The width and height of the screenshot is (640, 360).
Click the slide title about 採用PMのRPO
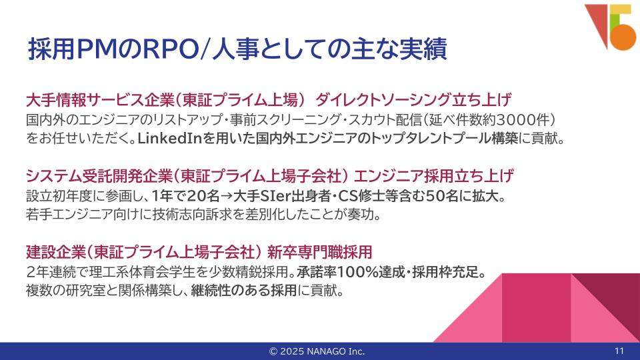[237, 49]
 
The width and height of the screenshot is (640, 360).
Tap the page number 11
[619, 351]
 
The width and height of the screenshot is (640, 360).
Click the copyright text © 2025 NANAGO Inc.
[317, 351]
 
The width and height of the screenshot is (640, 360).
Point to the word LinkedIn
[170, 139]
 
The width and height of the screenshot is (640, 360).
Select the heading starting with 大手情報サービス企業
[268, 99]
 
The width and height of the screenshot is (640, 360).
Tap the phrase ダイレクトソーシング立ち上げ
[413, 99]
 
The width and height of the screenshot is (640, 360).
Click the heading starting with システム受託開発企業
[270, 176]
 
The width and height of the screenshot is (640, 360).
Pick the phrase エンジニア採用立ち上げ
[433, 176]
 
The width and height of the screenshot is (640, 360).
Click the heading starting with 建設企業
[199, 252]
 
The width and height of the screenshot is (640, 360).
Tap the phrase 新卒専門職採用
[319, 252]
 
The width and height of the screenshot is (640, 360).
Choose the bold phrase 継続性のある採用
[244, 291]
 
